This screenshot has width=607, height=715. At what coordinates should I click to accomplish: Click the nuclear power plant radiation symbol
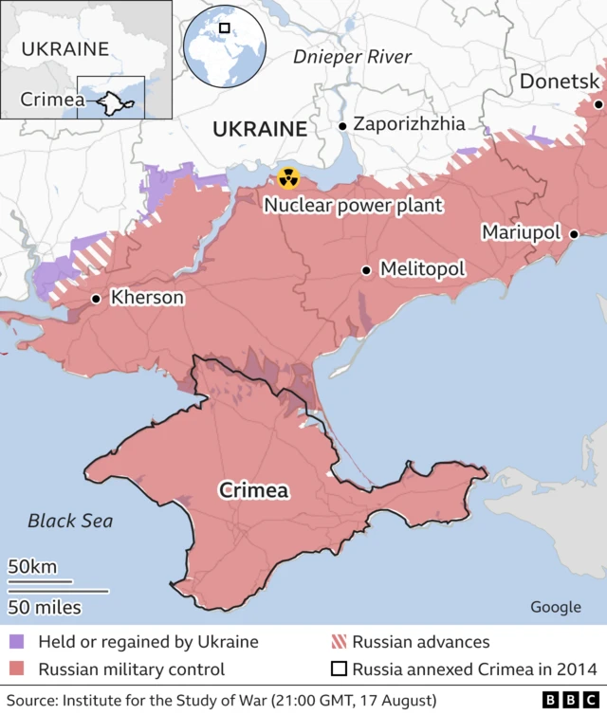click(x=287, y=177)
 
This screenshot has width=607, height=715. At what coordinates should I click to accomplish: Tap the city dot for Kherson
click(x=96, y=299)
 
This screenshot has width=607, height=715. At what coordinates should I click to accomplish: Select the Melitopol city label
click(x=422, y=269)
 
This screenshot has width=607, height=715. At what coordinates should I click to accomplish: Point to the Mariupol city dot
click(x=574, y=233)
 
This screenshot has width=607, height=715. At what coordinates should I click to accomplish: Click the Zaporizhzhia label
click(x=409, y=123)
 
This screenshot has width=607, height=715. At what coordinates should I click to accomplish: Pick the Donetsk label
click(x=560, y=82)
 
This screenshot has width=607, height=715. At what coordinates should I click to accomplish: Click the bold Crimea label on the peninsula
click(x=254, y=490)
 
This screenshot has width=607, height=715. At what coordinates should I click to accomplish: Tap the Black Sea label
click(x=70, y=521)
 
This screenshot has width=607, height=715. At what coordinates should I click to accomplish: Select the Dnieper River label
click(x=352, y=57)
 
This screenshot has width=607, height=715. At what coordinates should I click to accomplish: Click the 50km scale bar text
click(x=32, y=567)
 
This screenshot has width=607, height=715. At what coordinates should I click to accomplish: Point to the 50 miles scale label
click(x=45, y=607)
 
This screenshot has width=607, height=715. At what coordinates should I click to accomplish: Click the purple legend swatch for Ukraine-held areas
click(x=17, y=642)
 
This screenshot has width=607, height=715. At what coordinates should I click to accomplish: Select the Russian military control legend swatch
click(x=17, y=669)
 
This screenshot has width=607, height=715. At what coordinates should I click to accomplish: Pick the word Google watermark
click(x=556, y=607)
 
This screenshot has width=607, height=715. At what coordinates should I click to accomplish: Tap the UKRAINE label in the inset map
click(x=65, y=48)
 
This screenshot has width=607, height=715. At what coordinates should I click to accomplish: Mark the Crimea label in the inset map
click(x=47, y=98)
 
